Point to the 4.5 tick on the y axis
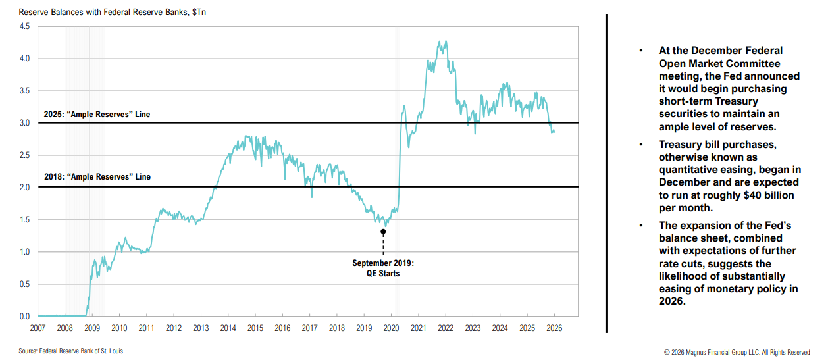pos(24,26)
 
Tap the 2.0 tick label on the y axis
pos(24,188)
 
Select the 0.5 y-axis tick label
pos(24,284)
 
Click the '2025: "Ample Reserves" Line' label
pos(97,115)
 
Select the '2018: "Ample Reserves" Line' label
pos(97,177)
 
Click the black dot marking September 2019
pos(383,232)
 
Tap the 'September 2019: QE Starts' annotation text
pos(383,268)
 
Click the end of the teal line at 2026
pos(554,132)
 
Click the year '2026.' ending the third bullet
pos(672,301)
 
